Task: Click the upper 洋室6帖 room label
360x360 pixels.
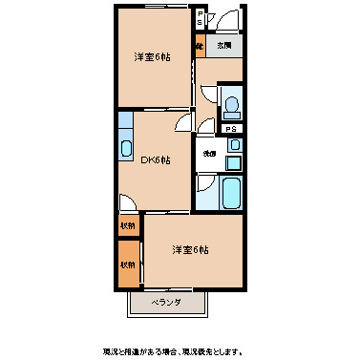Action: click(153, 57)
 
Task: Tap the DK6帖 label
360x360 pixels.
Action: click(156, 160)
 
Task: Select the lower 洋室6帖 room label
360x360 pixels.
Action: click(190, 250)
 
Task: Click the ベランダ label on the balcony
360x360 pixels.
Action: click(168, 303)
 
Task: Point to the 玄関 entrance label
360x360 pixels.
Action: click(223, 45)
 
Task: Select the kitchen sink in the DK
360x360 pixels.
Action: click(126, 148)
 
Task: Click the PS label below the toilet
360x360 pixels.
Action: click(231, 127)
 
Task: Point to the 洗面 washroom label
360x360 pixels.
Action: click(207, 153)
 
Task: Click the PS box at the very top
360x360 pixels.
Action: click(200, 17)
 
